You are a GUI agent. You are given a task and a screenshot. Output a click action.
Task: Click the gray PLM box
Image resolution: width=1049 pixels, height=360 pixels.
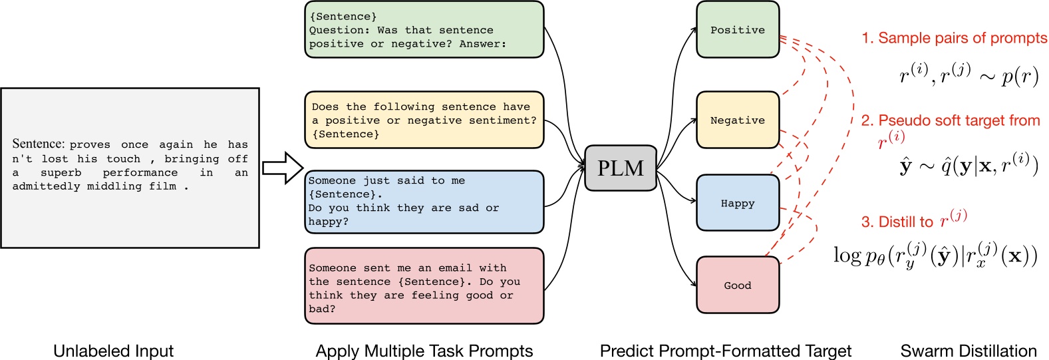click(x=621, y=168)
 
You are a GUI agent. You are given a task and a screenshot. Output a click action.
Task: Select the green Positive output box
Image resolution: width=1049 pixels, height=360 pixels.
click(x=738, y=29)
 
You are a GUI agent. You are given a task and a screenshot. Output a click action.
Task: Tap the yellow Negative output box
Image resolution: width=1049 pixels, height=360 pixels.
click(x=738, y=120)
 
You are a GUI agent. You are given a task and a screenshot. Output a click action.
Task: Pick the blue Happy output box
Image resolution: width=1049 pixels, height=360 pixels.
click(x=738, y=202)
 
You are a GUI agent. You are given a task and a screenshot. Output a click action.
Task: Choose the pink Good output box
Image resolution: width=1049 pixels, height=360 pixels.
click(x=738, y=285)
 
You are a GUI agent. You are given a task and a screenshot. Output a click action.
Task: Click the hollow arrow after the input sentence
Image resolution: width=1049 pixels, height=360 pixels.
click(x=283, y=168)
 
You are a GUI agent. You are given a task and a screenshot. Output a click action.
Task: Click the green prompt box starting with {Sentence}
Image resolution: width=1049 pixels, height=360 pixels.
click(x=424, y=29)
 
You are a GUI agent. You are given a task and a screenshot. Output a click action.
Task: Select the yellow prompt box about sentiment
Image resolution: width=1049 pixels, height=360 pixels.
click(x=424, y=120)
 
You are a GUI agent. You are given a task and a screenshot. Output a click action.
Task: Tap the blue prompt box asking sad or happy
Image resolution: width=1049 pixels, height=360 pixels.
click(x=424, y=202)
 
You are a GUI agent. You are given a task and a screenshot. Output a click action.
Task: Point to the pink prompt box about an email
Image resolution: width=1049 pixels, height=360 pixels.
click(x=424, y=286)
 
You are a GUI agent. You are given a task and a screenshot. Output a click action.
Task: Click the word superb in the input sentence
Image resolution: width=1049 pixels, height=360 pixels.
click(x=61, y=172)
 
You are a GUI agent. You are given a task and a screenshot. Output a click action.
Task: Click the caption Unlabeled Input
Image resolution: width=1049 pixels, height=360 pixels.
click(x=113, y=351)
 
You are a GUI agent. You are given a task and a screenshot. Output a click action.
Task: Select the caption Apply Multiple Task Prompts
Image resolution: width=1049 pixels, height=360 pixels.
click(x=424, y=351)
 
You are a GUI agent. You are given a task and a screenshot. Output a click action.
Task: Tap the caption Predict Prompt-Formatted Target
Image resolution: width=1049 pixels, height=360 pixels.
click(x=726, y=351)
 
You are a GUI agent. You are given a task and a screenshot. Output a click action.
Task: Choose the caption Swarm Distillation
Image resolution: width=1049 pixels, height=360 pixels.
click(x=969, y=351)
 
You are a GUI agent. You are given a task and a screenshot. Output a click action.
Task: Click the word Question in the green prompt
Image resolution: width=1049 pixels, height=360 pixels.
click(x=333, y=30)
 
